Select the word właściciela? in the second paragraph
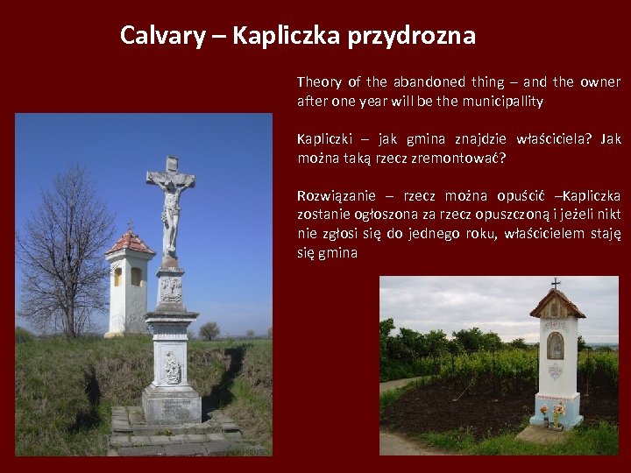[549, 139]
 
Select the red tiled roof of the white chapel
[129, 242]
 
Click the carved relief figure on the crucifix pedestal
[172, 368]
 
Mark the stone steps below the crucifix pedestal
[175, 431]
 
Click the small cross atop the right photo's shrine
[555, 284]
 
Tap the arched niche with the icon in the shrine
[555, 346]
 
